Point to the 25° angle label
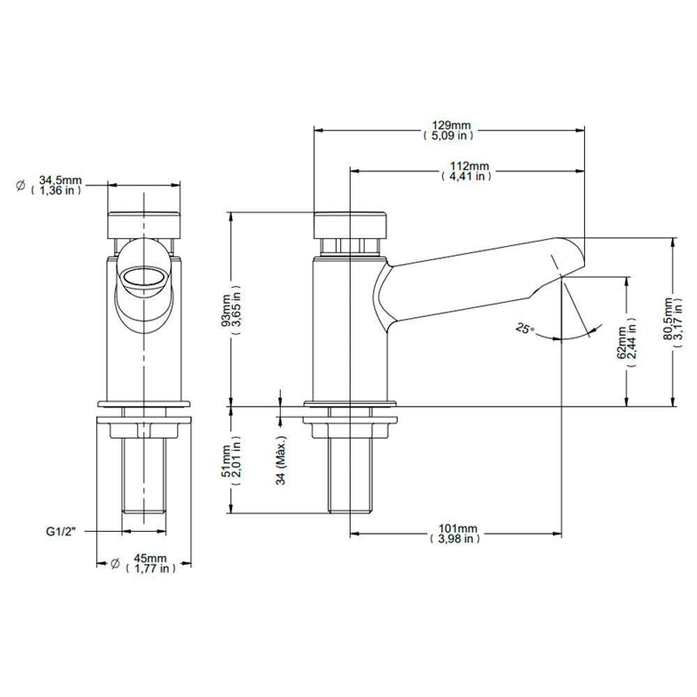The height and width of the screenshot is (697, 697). [x=525, y=327]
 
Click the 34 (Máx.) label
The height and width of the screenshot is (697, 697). [x=282, y=461]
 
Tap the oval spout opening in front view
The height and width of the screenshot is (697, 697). [x=144, y=276]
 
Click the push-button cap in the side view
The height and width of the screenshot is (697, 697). [x=350, y=224]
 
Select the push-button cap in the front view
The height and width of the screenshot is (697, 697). [x=144, y=224]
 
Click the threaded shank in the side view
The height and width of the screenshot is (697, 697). [x=351, y=474]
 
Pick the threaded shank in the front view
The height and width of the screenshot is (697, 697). [x=144, y=474]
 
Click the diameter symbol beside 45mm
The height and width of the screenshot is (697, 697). [x=115, y=563]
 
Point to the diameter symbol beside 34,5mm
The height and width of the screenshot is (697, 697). [x=20, y=185]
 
